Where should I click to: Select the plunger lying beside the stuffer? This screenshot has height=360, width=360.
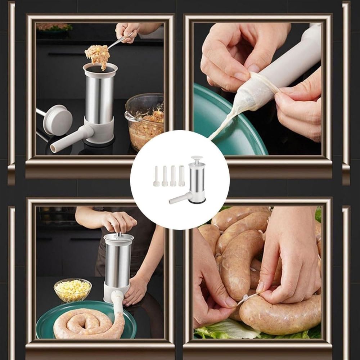pyautogui.click(x=58, y=120)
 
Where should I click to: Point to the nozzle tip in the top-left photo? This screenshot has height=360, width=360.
pyautogui.click(x=54, y=148)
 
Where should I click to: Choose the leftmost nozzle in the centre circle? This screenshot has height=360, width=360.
pyautogui.click(x=156, y=176)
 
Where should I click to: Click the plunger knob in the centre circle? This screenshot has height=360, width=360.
pyautogui.click(x=197, y=158)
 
